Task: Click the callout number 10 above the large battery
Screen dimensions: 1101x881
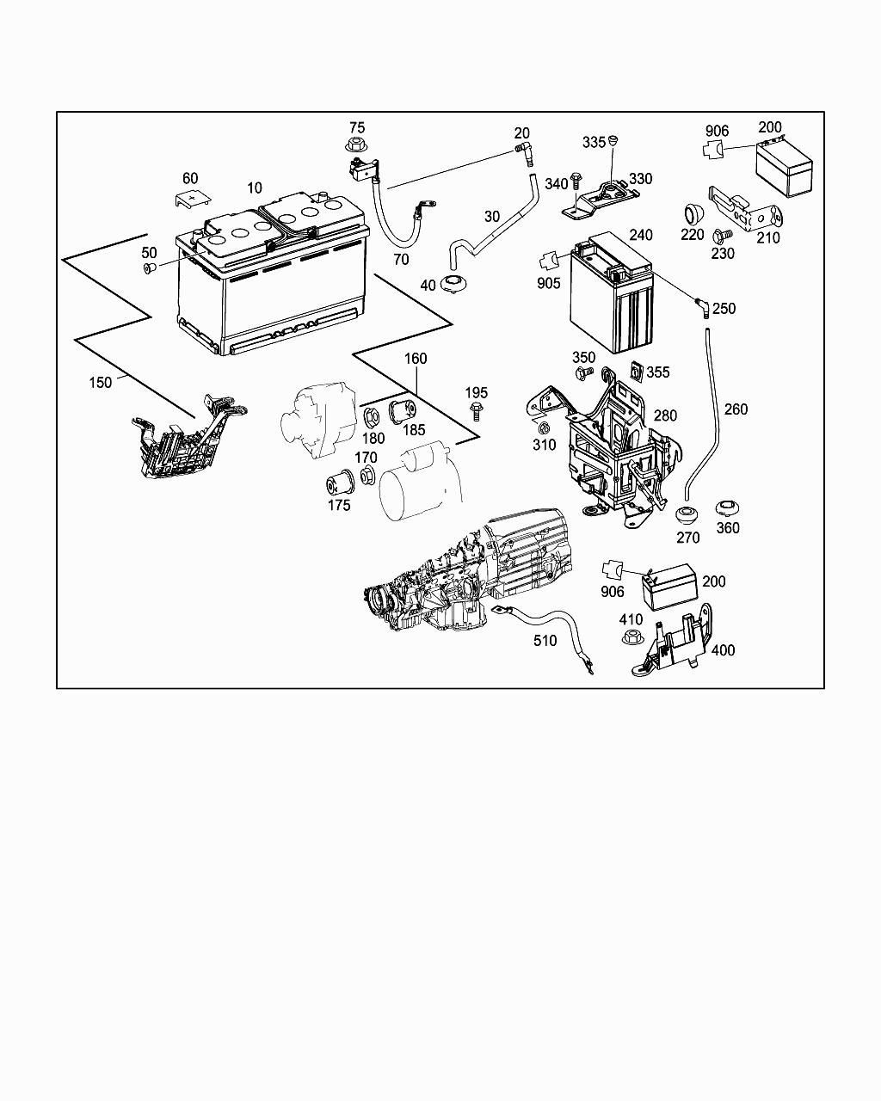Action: (255, 188)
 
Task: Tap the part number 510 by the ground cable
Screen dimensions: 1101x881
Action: (545, 641)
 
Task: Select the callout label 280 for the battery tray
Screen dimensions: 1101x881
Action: (665, 415)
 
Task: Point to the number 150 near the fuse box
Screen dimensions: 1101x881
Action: (101, 382)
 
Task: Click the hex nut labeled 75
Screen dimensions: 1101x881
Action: (355, 145)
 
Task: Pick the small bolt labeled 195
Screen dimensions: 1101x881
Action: (476, 413)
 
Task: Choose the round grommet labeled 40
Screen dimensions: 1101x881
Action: (453, 284)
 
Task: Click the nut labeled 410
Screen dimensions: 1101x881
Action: (631, 638)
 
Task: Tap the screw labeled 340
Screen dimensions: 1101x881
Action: (578, 182)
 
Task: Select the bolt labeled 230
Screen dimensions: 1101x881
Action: (723, 236)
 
